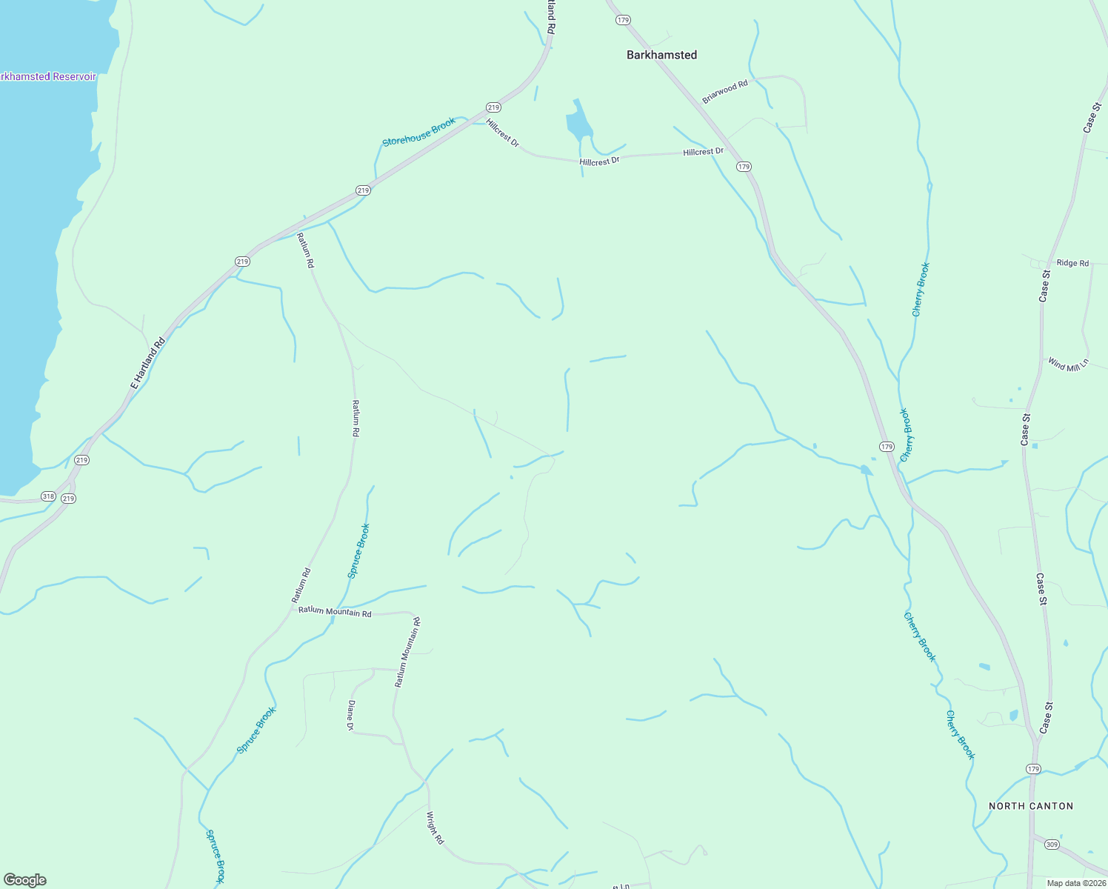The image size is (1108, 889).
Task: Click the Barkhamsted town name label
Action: coord(661,55)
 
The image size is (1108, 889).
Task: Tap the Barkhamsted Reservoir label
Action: coord(48,76)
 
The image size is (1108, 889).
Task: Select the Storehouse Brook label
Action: coord(418,132)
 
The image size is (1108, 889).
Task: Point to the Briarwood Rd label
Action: coord(725,92)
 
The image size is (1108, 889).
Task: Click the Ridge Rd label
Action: coord(1072,263)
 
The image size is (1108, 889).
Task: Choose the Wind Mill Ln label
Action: coord(1068,364)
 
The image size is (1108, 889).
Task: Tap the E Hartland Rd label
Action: coord(147,364)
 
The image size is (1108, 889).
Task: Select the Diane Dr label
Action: coord(351,716)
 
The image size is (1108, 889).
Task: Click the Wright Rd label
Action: coord(434,828)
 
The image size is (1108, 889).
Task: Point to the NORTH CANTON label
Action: coord(1031,806)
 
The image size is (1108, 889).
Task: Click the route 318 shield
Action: coord(48,496)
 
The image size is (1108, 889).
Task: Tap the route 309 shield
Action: coord(1052,845)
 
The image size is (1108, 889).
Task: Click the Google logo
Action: coord(25,880)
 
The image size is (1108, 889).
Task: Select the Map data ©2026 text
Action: coord(1076,883)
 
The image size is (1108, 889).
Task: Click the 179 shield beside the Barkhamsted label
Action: coord(623,20)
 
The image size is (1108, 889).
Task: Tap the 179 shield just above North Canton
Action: coord(1033,769)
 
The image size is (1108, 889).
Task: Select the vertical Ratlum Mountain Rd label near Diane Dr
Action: coord(407,653)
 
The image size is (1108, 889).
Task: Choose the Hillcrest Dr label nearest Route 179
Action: coord(703,152)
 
